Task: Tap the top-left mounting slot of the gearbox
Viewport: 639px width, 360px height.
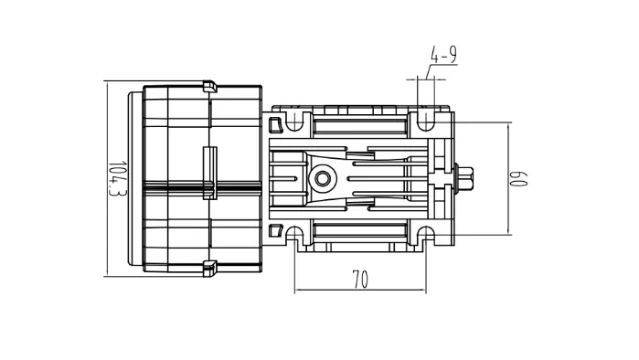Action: coord(294,120)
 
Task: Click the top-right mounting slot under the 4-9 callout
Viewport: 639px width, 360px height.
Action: coord(425,120)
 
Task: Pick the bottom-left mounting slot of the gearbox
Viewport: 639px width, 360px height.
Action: coord(294,236)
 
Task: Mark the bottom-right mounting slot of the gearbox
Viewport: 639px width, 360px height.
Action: coord(425,236)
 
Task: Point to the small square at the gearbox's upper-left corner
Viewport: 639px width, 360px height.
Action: coord(273,121)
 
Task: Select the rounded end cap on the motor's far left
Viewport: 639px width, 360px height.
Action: coord(134,177)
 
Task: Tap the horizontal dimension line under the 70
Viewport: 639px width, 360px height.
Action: coord(359,291)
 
